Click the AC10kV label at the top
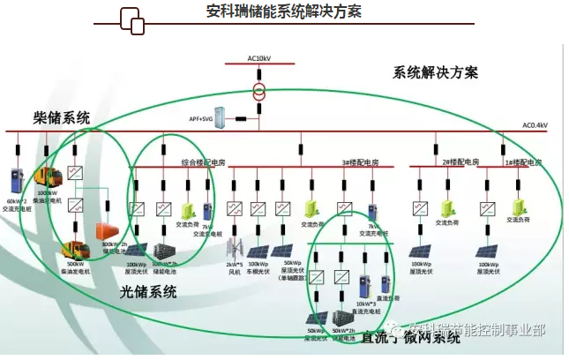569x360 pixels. [x=259, y=58]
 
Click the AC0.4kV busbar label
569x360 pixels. [x=535, y=125]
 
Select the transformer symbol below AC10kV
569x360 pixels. [x=259, y=91]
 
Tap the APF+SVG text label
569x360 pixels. [x=201, y=117]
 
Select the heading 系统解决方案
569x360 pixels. [x=435, y=72]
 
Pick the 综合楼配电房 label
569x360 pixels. [x=204, y=162]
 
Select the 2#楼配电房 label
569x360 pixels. [x=460, y=162]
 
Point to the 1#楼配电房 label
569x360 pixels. [x=522, y=162]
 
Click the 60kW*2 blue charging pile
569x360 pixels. [x=17, y=183]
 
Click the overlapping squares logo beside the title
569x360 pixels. [x=131, y=21]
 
